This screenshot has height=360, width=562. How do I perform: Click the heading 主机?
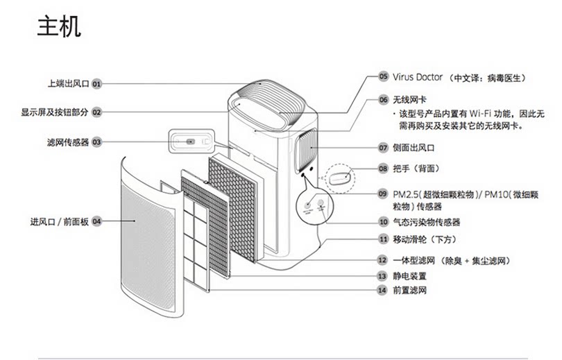tap(59, 27)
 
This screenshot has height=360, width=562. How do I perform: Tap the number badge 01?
tap(96, 83)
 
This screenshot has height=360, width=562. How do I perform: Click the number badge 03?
tap(96, 142)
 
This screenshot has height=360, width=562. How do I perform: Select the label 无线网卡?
tap(407, 99)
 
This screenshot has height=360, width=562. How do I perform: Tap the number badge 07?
tap(383, 148)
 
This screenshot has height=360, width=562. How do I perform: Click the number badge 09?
tap(383, 193)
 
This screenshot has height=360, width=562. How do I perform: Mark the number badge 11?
tap(383, 239)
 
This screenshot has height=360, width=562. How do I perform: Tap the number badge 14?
tap(383, 290)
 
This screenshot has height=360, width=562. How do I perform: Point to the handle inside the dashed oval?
tap(341, 177)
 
